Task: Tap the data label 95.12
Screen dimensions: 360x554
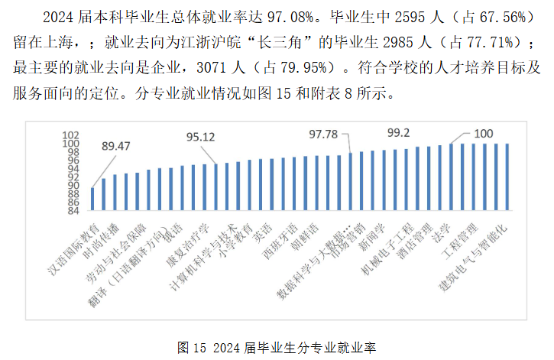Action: click(x=202, y=137)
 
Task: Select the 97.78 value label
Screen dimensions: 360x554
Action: click(x=322, y=135)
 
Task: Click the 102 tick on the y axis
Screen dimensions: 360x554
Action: click(x=71, y=135)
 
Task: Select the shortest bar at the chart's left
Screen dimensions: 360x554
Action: click(x=93, y=197)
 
